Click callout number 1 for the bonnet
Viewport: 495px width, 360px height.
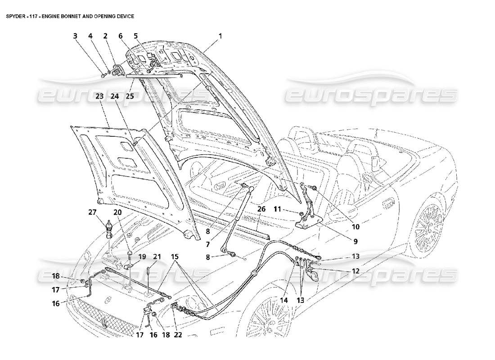tap(220, 35)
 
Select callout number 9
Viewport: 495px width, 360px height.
tap(355, 241)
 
